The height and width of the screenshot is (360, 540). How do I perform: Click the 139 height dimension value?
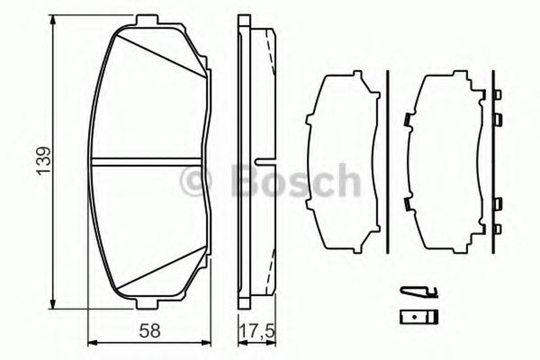(45, 161)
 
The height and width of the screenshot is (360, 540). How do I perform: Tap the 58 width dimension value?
(150, 331)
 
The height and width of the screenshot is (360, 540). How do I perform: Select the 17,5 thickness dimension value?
(257, 331)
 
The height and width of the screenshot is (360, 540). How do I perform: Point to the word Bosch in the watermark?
(295, 180)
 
